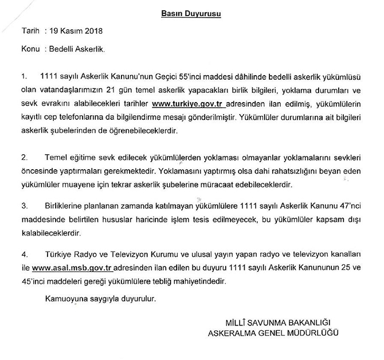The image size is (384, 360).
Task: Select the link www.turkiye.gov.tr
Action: click(x=188, y=104)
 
